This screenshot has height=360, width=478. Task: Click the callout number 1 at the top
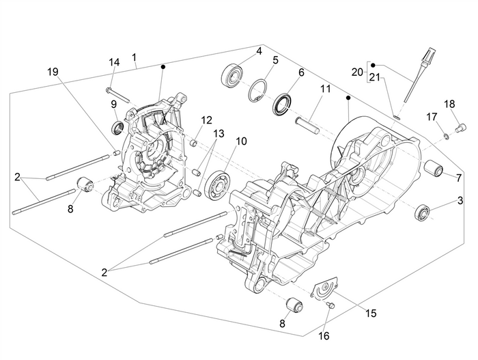coord(135,57)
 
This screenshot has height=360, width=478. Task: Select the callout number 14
coord(114,62)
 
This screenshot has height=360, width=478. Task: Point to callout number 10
coord(240,141)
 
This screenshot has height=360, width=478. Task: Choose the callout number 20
coord(357,72)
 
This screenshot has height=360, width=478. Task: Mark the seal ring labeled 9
coord(117,128)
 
